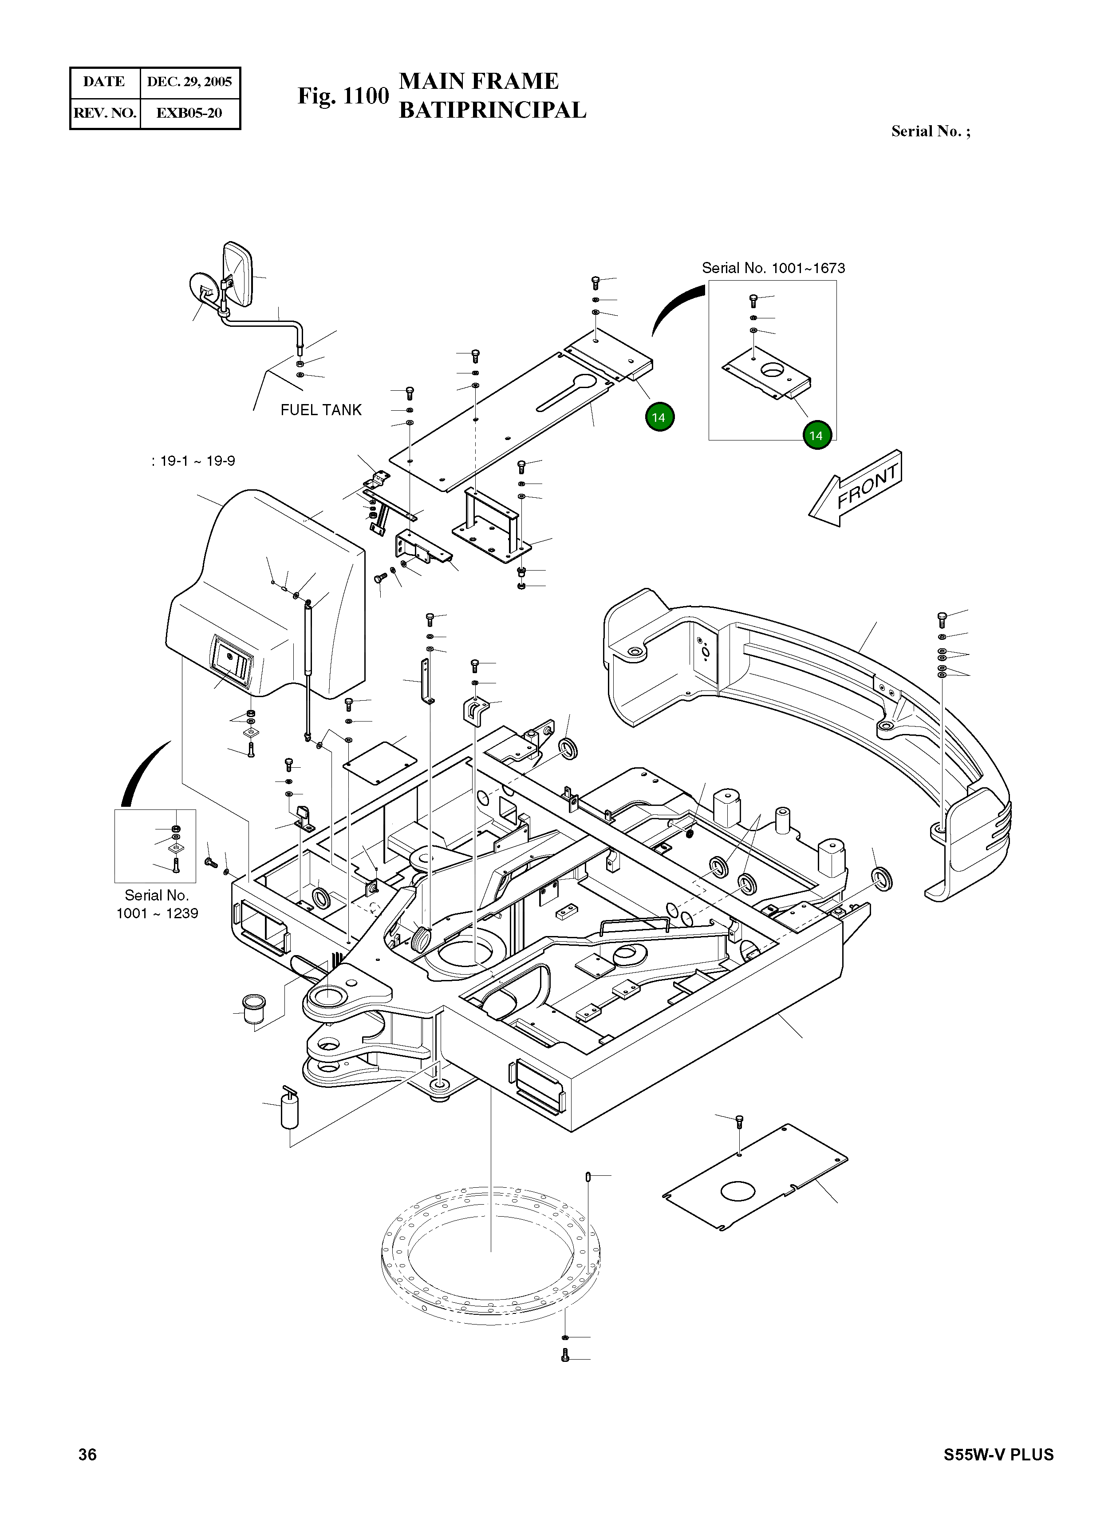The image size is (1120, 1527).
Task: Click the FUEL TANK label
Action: point(321,410)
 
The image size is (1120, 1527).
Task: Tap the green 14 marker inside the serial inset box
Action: point(816,436)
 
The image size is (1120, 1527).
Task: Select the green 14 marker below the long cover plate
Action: point(659,417)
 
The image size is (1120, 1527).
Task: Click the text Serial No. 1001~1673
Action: point(773,268)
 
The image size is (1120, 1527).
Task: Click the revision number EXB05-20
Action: point(189,113)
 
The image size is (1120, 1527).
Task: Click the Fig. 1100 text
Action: point(343,95)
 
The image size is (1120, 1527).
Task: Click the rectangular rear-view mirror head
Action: point(238,274)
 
